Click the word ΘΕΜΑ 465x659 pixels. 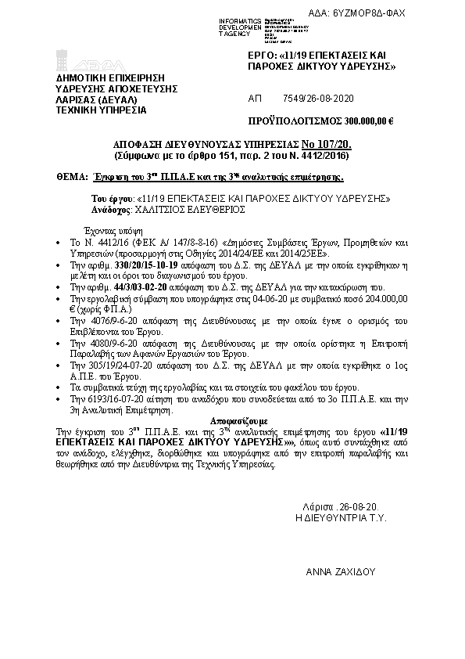[71, 178]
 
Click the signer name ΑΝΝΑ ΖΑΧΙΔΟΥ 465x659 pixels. [341, 574]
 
